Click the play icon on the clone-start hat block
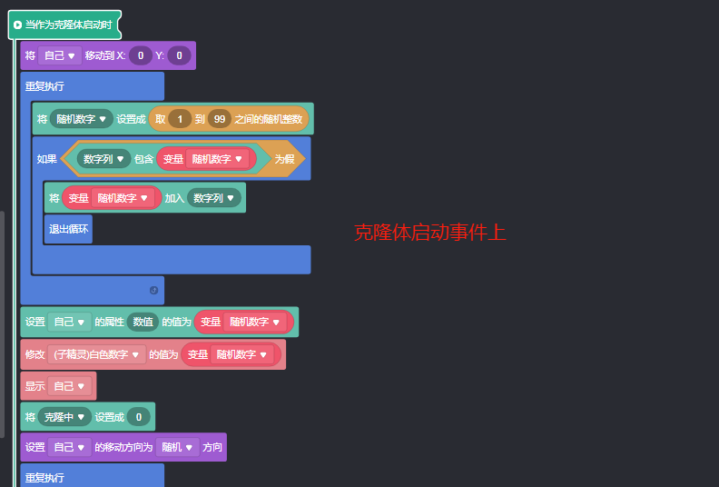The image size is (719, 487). (17, 25)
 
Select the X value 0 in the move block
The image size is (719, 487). (140, 55)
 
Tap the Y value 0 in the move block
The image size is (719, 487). (179, 55)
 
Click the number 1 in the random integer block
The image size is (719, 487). (179, 118)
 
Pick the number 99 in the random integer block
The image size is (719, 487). (219, 118)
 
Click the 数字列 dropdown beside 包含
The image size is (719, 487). (103, 158)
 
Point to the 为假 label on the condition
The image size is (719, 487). (284, 158)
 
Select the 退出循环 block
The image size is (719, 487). (68, 229)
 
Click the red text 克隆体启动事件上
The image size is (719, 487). (429, 233)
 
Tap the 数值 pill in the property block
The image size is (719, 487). (143, 322)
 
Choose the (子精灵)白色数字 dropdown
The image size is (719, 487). (98, 354)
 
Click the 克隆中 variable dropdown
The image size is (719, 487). (64, 417)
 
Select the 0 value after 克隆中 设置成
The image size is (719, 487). (138, 417)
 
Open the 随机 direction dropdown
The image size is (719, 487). (178, 447)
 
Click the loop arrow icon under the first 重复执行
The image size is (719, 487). (153, 290)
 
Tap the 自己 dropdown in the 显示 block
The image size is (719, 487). (69, 386)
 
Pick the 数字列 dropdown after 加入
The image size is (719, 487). (214, 197)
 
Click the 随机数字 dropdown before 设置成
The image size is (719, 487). (82, 118)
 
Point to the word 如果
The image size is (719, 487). (46, 159)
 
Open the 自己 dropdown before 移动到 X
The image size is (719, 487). (59, 55)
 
